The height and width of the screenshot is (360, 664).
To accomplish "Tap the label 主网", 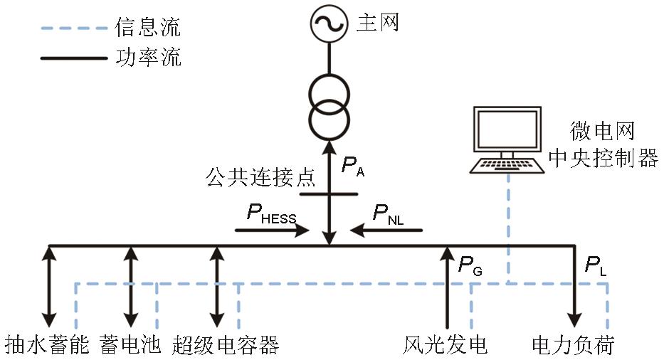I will pyautogui.click(x=376, y=23).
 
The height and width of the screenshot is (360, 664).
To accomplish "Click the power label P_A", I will pyautogui.click(x=352, y=166).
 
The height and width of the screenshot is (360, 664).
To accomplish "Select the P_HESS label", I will pyautogui.click(x=271, y=214).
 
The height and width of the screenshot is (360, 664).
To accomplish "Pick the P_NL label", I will pyautogui.click(x=387, y=214).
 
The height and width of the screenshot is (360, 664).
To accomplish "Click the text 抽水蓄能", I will pyautogui.click(x=47, y=345).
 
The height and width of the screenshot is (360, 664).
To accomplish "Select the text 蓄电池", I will pyautogui.click(x=130, y=345).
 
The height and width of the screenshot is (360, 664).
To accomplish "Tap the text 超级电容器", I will pyautogui.click(x=225, y=345).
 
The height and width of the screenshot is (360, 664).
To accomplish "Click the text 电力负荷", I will pyautogui.click(x=573, y=345).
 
